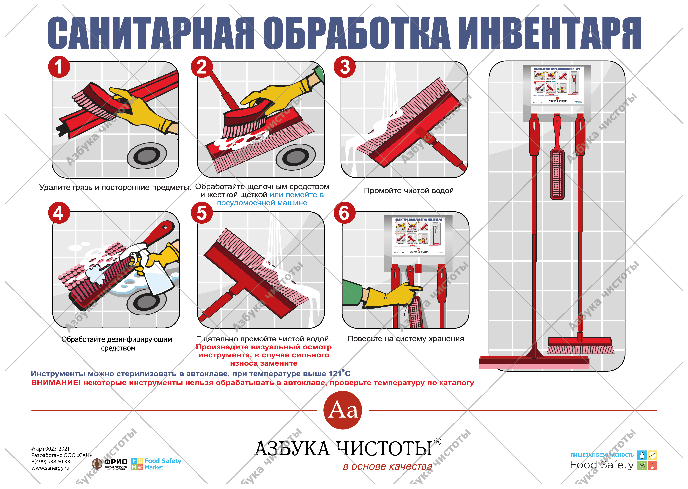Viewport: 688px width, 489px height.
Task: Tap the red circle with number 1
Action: tap(59, 67)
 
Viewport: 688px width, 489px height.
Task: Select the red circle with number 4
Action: tap(59, 213)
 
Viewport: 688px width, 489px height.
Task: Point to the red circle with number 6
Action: tap(344, 213)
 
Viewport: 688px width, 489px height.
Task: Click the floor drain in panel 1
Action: tap(147, 156)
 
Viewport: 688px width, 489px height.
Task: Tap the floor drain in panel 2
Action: tap(296, 156)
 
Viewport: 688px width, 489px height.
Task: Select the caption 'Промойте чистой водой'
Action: tap(409, 191)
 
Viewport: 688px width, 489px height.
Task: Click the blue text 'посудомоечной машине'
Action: tap(262, 203)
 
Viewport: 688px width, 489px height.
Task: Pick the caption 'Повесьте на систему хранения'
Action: tap(406, 339)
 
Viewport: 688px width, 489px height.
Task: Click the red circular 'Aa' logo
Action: tap(342, 410)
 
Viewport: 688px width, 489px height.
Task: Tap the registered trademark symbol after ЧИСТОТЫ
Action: tap(438, 442)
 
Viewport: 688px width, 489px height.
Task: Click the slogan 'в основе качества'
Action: tap(387, 467)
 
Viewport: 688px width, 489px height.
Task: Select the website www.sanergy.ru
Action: tap(50, 468)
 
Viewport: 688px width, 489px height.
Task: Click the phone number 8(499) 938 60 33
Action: tap(51, 462)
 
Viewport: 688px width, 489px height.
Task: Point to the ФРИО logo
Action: tap(110, 464)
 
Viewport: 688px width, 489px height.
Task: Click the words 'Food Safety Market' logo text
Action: tap(162, 464)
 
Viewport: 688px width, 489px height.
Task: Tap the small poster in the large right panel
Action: tap(557, 85)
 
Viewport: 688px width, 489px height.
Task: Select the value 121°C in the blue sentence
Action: tap(339, 373)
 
